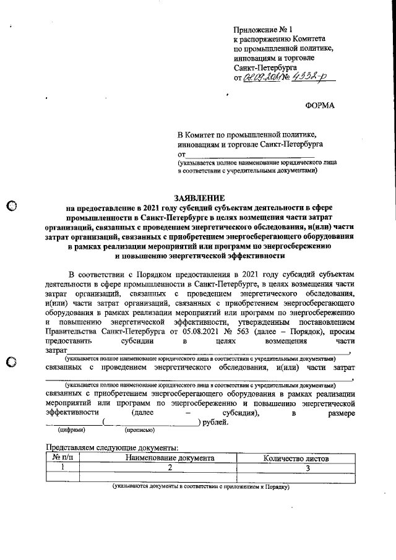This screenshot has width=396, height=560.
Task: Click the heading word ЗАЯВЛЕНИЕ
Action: point(199,197)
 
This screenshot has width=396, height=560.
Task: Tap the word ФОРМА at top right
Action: point(320,105)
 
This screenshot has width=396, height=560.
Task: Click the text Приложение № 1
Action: point(262,30)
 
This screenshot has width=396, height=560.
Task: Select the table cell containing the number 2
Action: point(170,467)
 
